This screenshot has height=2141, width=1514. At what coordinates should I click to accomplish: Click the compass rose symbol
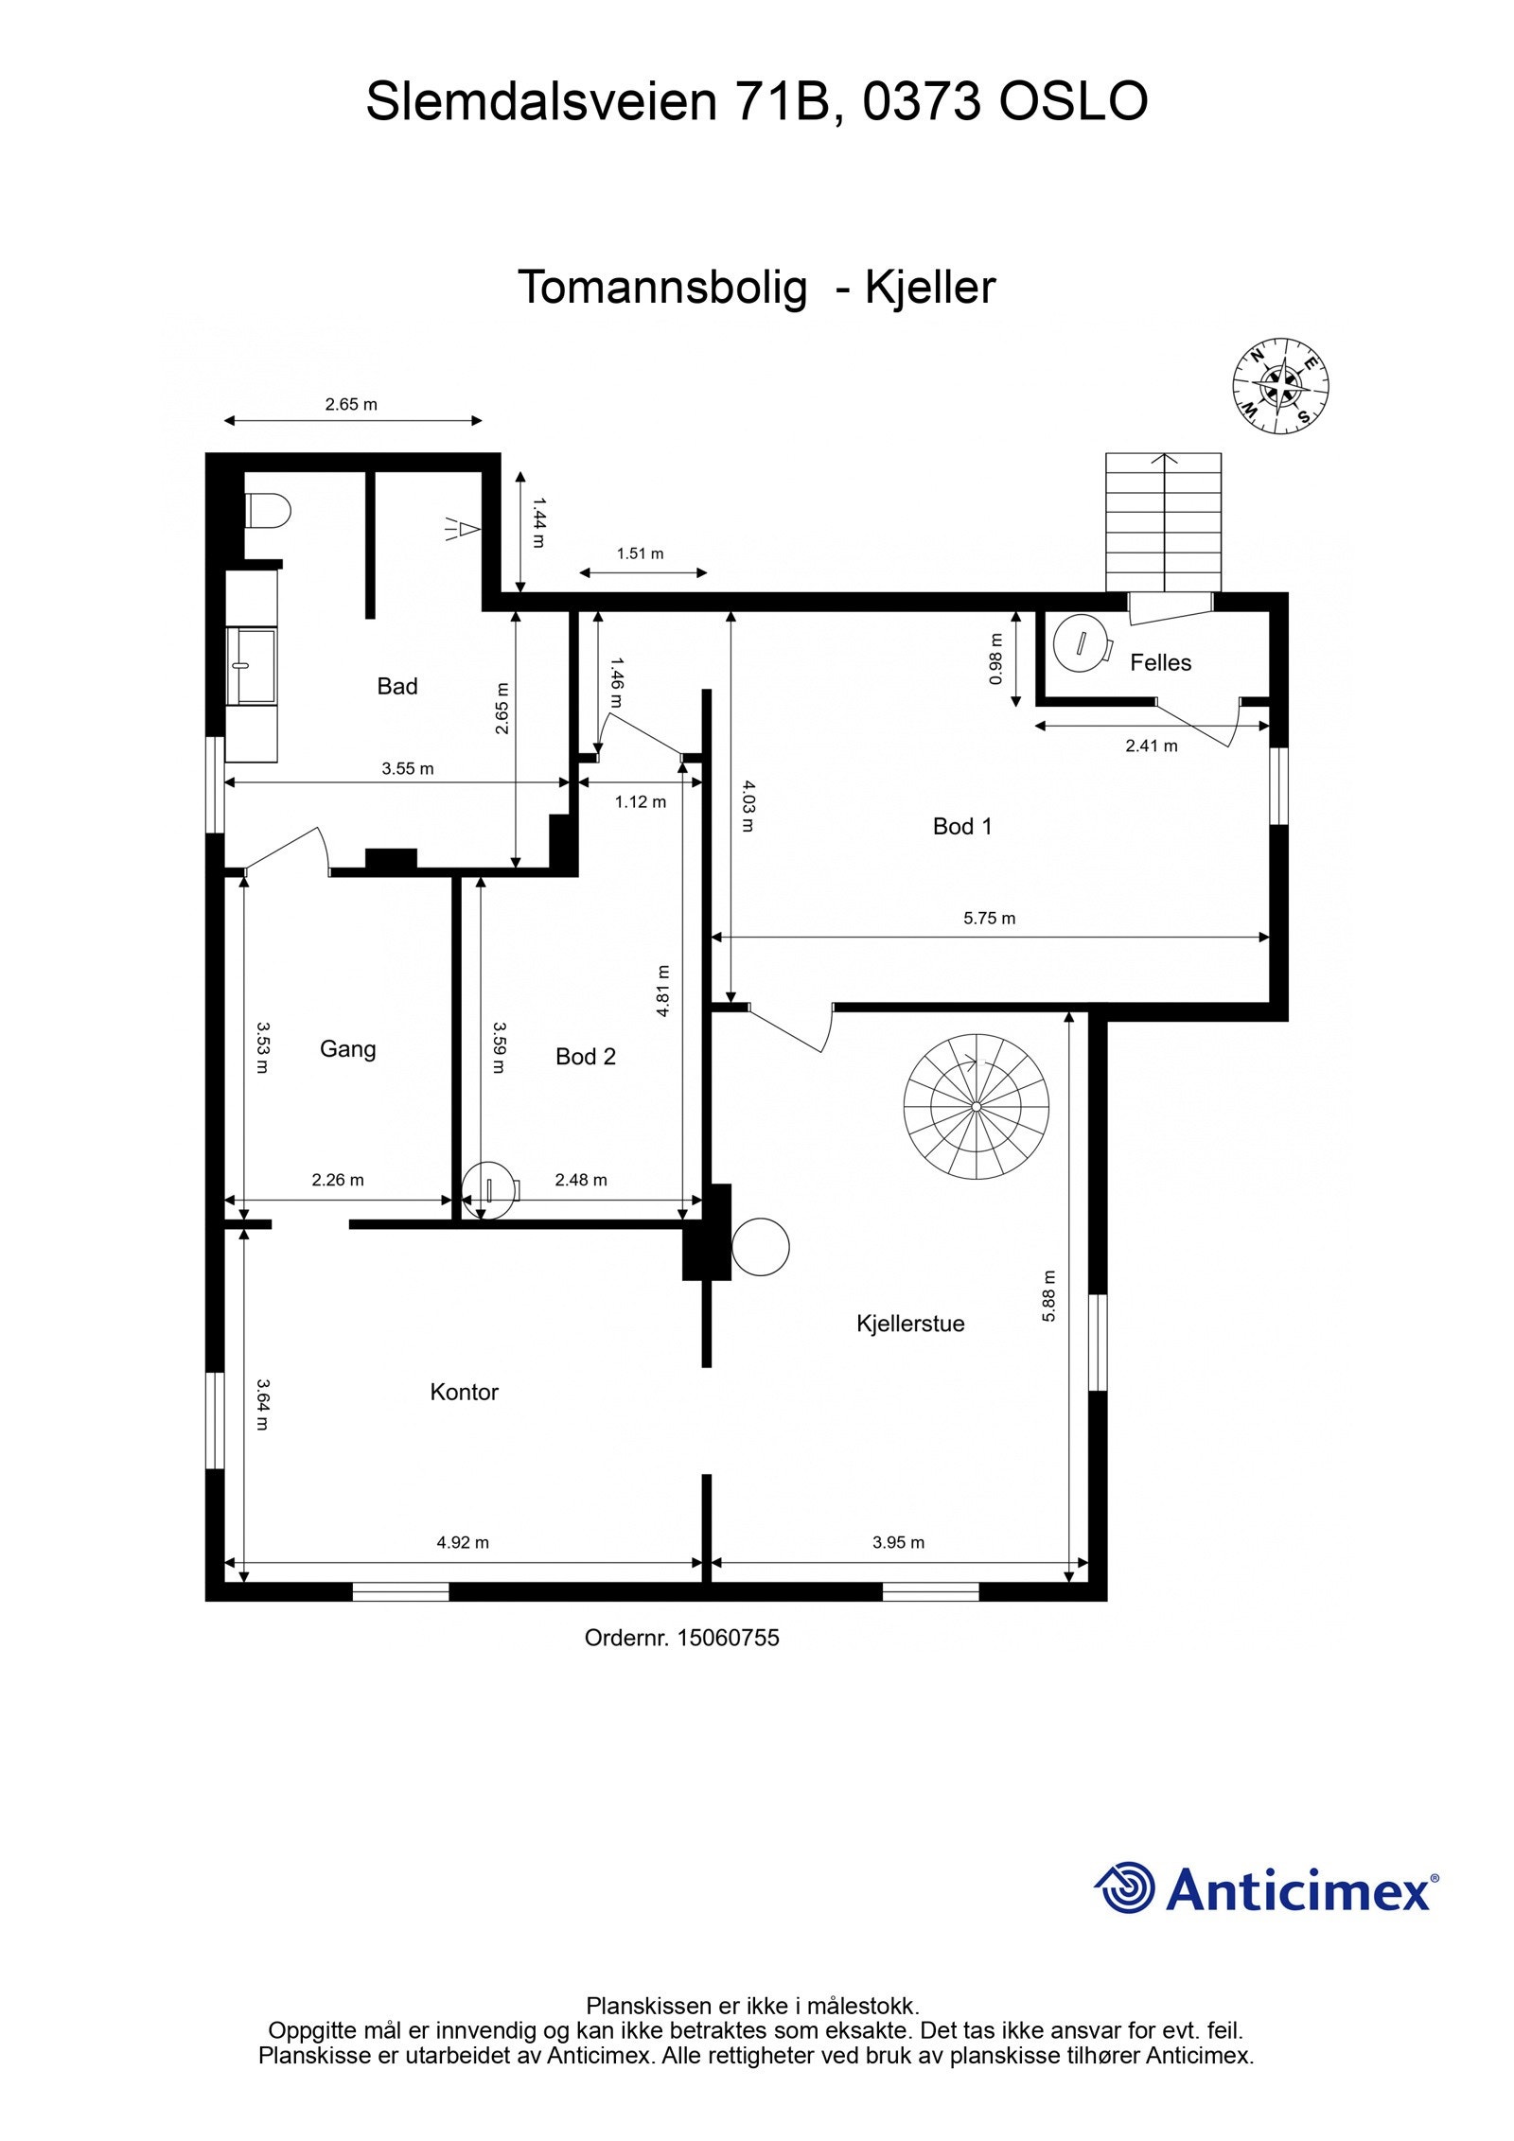(1280, 387)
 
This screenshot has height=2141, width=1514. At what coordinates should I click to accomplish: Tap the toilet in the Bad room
(268, 513)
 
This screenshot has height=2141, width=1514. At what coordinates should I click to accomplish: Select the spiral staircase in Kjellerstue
(976, 1105)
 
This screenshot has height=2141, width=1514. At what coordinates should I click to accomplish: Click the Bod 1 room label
(961, 827)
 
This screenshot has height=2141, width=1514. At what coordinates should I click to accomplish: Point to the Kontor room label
(464, 1392)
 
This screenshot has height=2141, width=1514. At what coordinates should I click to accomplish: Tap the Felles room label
(1160, 662)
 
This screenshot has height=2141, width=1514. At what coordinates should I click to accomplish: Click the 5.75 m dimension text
(989, 918)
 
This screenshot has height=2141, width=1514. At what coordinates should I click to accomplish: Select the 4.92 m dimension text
(463, 1542)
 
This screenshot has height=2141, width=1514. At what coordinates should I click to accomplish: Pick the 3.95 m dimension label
(898, 1542)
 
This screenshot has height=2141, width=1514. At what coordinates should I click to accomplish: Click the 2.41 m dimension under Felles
(1151, 746)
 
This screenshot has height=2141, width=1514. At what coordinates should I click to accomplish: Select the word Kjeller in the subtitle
(930, 288)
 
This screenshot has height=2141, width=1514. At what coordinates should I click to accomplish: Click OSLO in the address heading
(1073, 102)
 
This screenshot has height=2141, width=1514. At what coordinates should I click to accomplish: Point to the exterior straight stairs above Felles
(1163, 522)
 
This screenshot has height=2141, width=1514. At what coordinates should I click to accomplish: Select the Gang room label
(347, 1049)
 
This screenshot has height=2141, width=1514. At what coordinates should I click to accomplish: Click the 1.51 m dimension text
(640, 553)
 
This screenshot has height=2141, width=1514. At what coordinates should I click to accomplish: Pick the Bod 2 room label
(585, 1057)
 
